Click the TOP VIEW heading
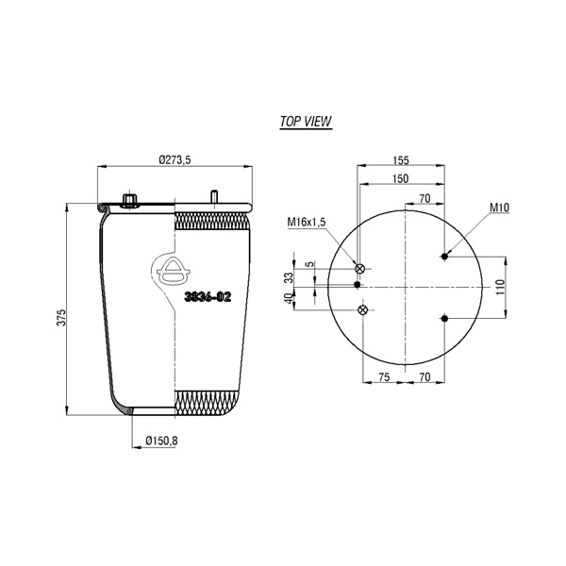pos(306,122)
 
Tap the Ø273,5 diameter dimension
pos(175,159)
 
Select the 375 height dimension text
pos(62,318)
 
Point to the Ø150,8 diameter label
pos(161,441)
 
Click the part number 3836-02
pos(208,297)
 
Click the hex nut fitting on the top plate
pos(129,200)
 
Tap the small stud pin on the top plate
pos(214,197)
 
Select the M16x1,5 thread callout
pos(307,222)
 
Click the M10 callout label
pos(499,208)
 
